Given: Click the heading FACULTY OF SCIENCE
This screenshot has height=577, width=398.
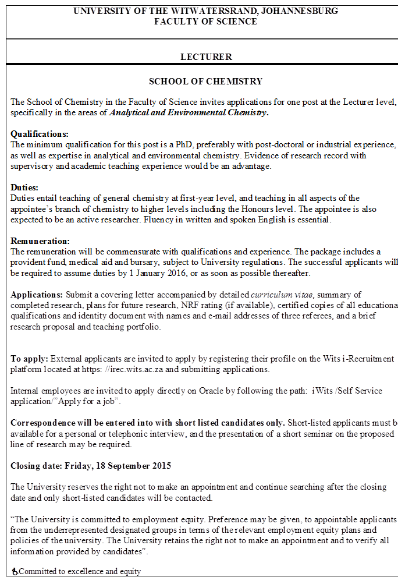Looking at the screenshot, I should [x=205, y=22].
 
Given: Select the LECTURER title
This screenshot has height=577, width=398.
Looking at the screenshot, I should [x=206, y=57].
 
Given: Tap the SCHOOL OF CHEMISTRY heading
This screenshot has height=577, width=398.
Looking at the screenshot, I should [x=205, y=82].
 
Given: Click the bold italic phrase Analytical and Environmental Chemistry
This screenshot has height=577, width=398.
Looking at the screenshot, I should [x=189, y=112].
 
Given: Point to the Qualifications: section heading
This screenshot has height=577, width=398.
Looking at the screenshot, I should [x=40, y=134].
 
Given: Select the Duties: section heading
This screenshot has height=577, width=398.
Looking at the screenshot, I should [x=24, y=187].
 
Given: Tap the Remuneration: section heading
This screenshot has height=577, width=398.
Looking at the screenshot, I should [x=40, y=241].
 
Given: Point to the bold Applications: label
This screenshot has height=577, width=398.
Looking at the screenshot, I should [x=37, y=295].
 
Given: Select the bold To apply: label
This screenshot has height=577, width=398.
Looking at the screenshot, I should [x=29, y=358].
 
